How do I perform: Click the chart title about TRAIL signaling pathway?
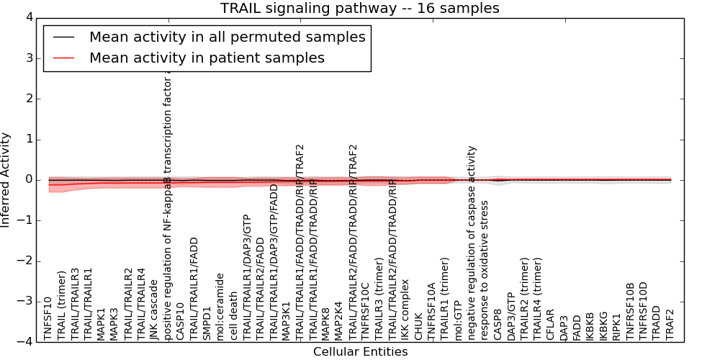click(359, 9)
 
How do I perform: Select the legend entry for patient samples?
click(207, 58)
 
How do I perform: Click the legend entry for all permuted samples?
click(227, 37)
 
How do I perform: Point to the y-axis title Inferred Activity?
click(6, 180)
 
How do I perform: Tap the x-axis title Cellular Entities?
click(360, 352)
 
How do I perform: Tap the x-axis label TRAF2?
click(671, 323)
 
